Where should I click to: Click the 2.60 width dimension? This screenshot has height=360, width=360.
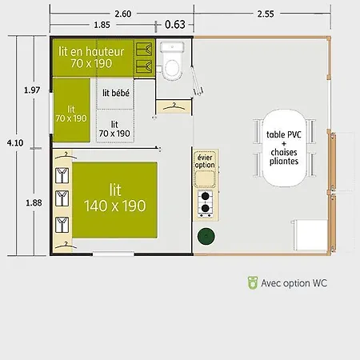click(123, 14)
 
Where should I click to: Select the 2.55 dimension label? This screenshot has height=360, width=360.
click(266, 14)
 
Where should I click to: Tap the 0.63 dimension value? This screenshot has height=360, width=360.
click(175, 25)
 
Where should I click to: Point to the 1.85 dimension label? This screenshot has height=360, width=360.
click(102, 25)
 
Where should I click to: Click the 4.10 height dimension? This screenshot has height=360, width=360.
click(15, 143)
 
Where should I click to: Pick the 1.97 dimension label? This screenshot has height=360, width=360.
click(32, 90)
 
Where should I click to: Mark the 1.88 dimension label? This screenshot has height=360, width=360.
click(34, 203)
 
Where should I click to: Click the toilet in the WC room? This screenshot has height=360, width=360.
click(172, 61)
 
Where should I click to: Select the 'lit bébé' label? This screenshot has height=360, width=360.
click(116, 93)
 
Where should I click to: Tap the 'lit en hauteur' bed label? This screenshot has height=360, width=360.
click(91, 52)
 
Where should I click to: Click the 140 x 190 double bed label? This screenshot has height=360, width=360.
click(115, 206)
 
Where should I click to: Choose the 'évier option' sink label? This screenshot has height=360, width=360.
click(205, 161)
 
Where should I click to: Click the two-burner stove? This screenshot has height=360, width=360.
click(205, 204)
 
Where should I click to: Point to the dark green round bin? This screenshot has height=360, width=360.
click(206, 236)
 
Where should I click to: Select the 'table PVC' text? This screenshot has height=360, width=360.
click(284, 134)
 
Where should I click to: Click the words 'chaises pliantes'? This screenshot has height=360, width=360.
click(284, 157)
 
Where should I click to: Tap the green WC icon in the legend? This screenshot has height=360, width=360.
click(253, 283)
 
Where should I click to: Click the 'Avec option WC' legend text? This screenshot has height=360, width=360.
click(294, 283)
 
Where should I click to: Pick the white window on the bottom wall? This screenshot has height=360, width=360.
click(114, 254)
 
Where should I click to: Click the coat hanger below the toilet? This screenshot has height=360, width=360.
click(174, 106)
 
